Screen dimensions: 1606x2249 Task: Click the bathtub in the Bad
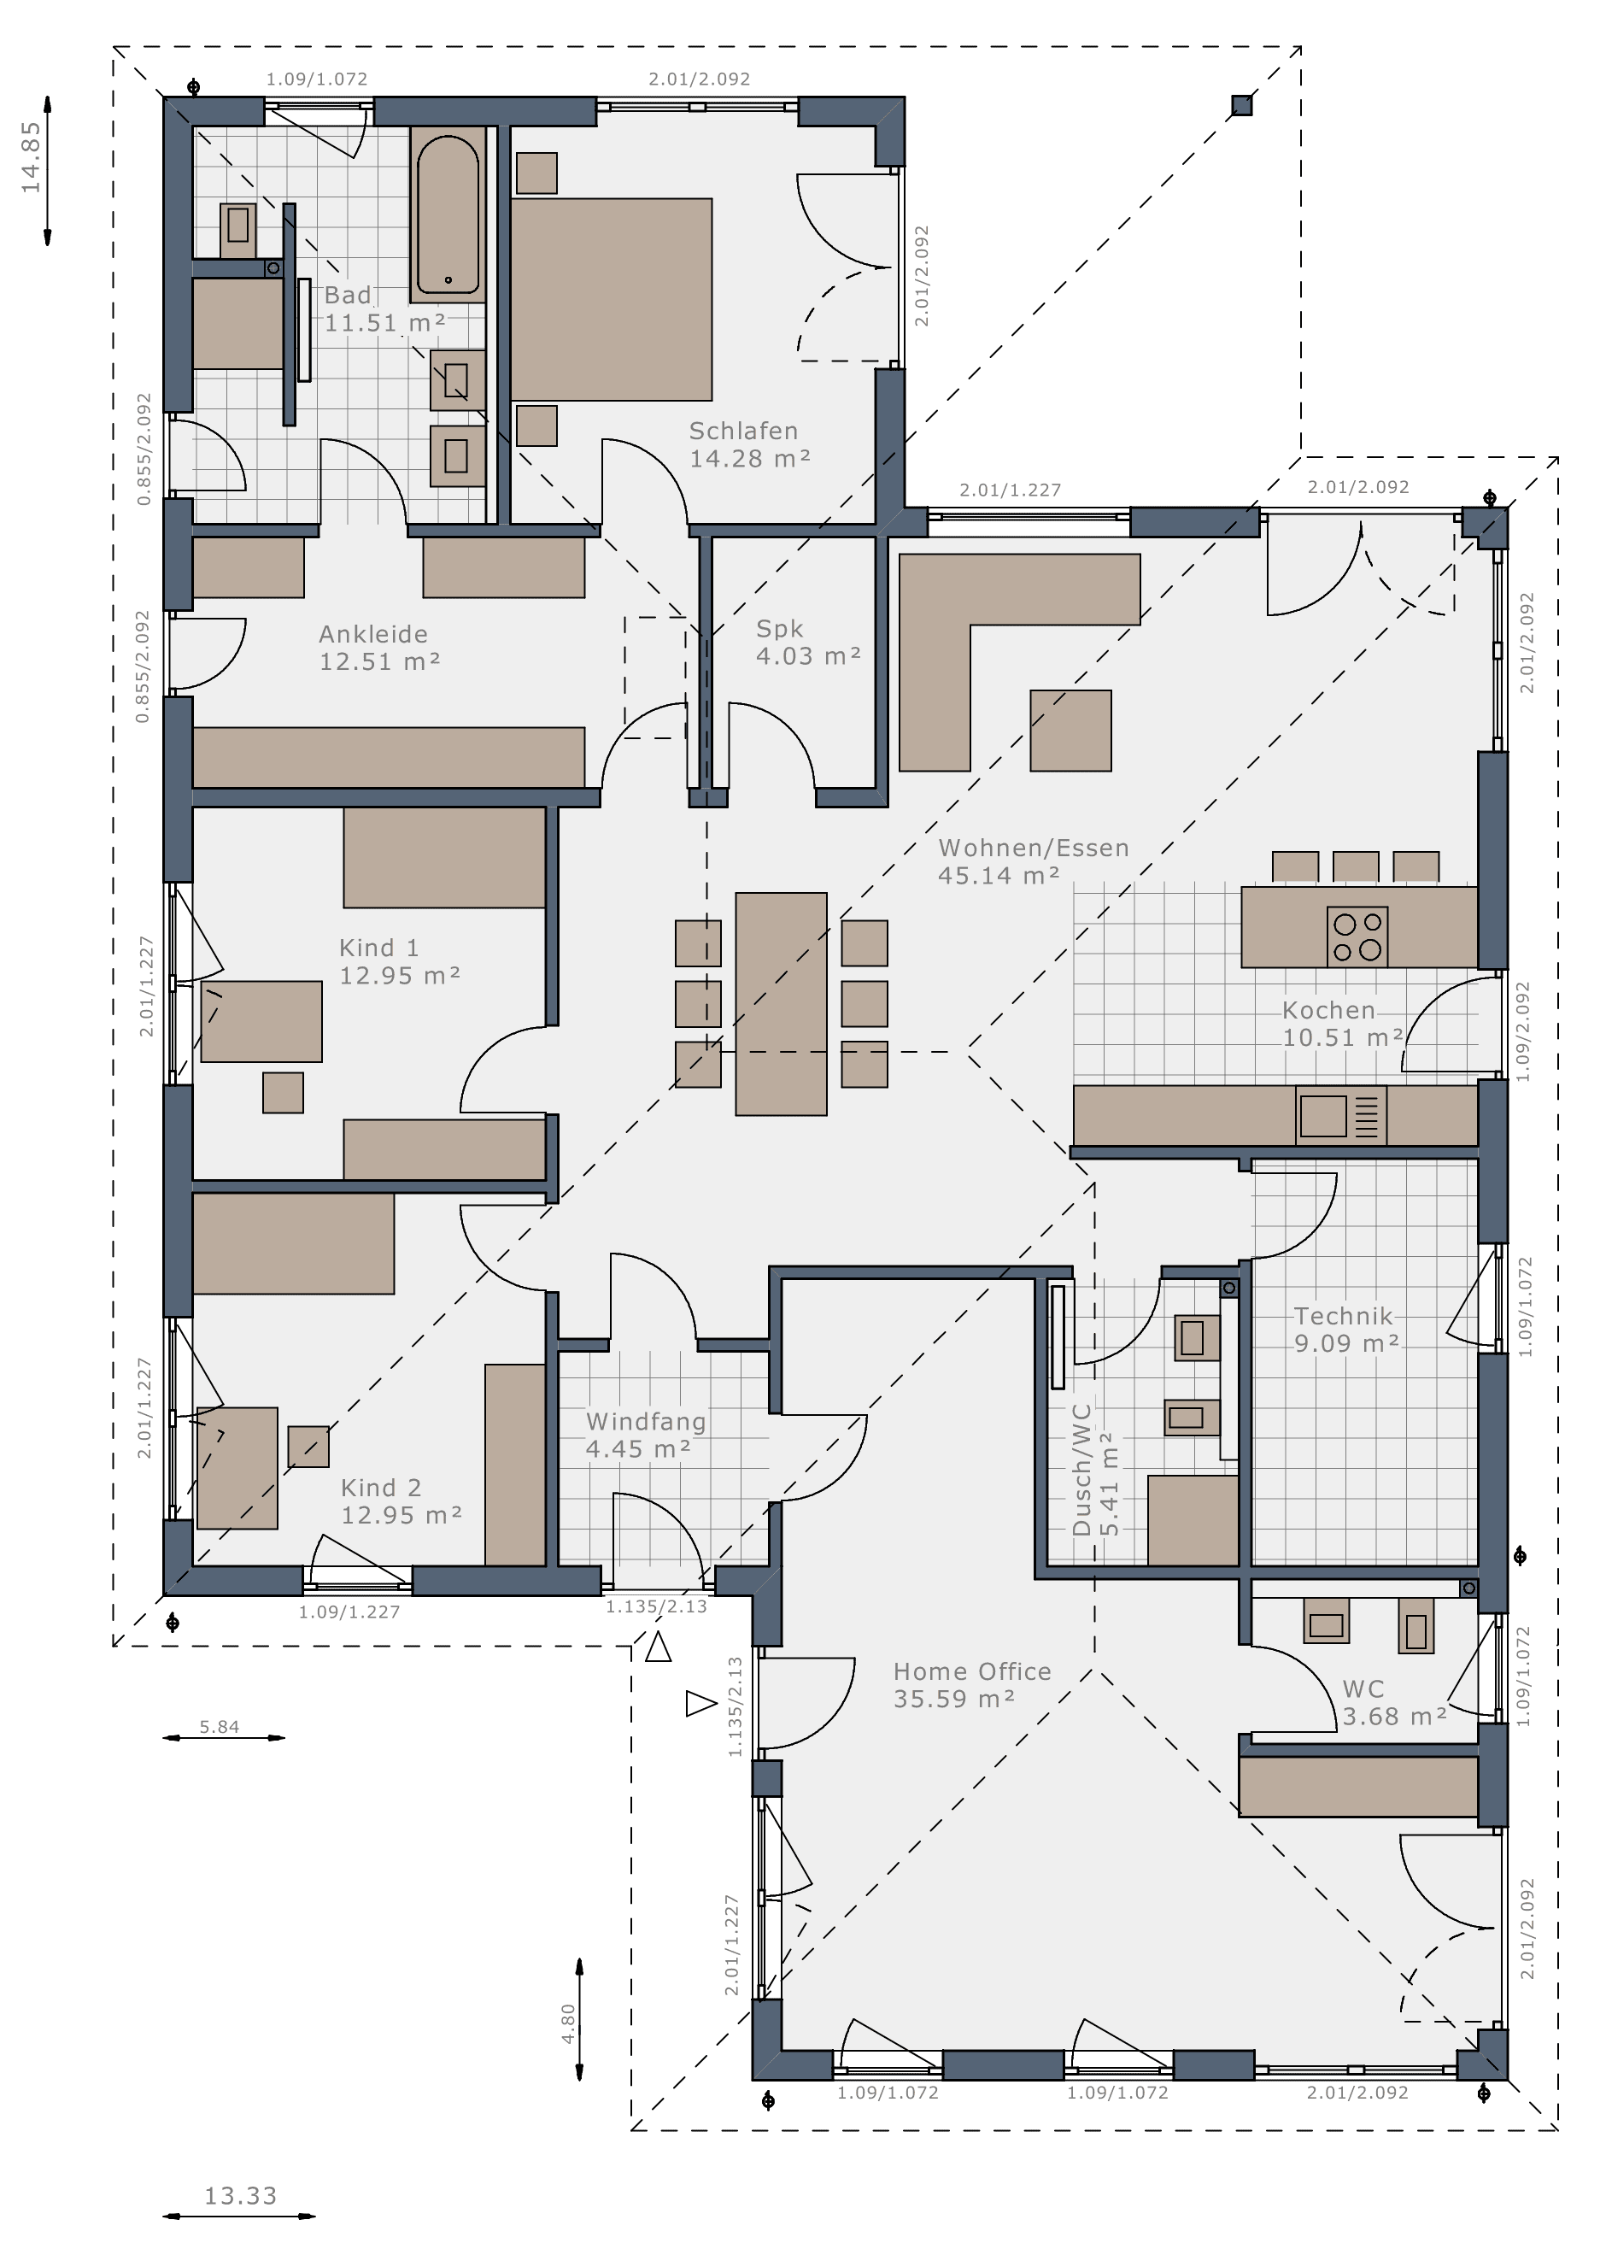pos(448,214)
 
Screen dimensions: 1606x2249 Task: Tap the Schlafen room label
pos(744,432)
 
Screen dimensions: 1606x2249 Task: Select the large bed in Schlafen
pos(611,300)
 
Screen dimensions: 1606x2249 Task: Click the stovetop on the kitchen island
pos(1357,937)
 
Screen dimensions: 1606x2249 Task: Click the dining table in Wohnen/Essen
pos(782,1004)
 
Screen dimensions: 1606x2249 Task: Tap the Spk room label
pos(779,629)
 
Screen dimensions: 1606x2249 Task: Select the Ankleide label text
pos(374,634)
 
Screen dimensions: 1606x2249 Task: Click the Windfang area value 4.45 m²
pos(639,1449)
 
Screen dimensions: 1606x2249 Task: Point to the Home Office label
pos(972,1671)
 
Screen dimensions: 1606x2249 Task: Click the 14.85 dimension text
pos(31,156)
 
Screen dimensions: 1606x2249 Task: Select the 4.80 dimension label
pos(567,2023)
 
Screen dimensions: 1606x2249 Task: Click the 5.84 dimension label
pos(220,1727)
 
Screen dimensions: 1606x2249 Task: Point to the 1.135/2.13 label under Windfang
pos(657,1607)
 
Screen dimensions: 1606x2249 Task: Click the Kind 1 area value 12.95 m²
pos(401,975)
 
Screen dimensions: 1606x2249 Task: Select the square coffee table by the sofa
pos(1071,730)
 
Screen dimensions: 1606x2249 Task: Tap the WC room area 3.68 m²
pos(1395,1716)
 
